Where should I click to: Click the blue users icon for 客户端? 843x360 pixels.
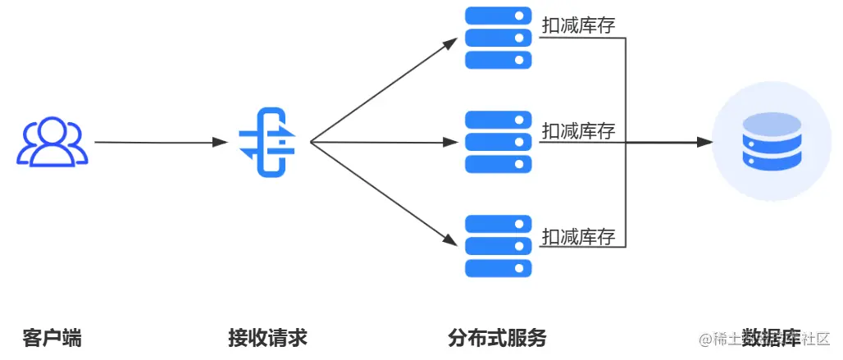click(x=53, y=143)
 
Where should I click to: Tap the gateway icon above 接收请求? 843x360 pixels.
click(x=267, y=143)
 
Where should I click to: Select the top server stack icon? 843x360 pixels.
click(x=499, y=38)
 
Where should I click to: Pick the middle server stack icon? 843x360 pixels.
click(x=499, y=142)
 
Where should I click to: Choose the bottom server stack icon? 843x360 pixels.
click(x=499, y=246)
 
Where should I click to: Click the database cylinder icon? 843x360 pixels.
click(x=771, y=143)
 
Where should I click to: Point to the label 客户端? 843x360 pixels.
click(x=52, y=337)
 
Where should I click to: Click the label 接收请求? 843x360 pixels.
click(x=267, y=337)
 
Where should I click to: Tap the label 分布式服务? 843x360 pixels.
click(x=497, y=337)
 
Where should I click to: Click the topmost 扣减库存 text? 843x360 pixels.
click(x=578, y=26)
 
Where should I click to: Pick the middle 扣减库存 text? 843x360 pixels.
click(x=578, y=130)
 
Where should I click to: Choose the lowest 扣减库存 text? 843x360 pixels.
click(x=578, y=237)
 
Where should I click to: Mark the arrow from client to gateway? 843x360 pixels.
click(x=160, y=143)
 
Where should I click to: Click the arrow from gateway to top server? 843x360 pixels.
click(x=383, y=90)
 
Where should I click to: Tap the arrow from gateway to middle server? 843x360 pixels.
click(x=383, y=143)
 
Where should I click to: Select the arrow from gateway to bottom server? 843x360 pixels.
click(x=383, y=194)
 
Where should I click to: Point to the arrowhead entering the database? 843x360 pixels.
click(x=704, y=143)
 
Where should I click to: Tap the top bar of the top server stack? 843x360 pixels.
click(x=499, y=16)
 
